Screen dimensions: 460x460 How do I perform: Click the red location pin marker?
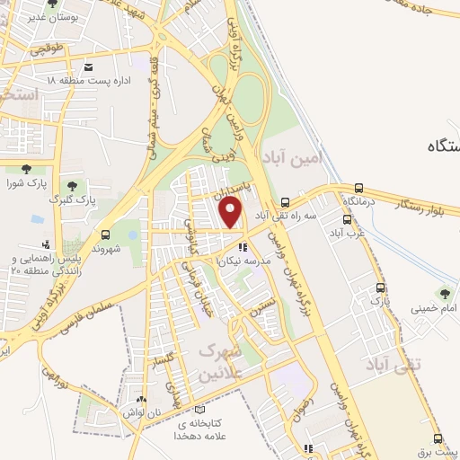pos(232,213)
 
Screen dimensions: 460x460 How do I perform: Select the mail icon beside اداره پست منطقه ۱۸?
pos(88,66)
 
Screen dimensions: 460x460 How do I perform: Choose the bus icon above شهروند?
pos(106,234)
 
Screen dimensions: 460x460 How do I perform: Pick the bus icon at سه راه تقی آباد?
pos(286,202)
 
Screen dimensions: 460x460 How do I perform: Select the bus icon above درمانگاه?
pos(359,189)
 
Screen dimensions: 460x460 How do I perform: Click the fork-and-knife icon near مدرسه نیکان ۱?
pos(242,247)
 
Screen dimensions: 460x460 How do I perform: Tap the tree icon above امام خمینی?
pos(443,294)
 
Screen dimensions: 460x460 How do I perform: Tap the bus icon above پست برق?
pos(438,439)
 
